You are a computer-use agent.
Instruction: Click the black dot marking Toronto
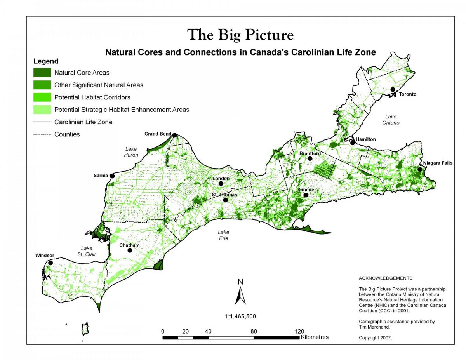(x=393, y=90)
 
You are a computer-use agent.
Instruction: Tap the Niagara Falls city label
(x=438, y=163)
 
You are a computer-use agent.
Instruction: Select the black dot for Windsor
(x=50, y=263)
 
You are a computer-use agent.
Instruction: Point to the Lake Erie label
(x=223, y=235)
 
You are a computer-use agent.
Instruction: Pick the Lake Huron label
(x=131, y=152)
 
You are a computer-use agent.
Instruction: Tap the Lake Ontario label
(x=392, y=120)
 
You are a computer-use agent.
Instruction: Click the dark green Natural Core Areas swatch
(x=42, y=73)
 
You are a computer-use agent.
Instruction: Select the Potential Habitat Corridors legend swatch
(x=42, y=97)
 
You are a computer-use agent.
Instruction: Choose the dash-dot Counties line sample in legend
(x=42, y=134)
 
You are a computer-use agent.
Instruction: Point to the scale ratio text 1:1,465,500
(x=240, y=316)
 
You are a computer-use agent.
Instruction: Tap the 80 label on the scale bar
(x=254, y=331)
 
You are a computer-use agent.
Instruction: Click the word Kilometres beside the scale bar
(x=315, y=337)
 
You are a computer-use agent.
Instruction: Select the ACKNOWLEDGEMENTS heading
(x=385, y=278)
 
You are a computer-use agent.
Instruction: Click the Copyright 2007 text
(x=376, y=338)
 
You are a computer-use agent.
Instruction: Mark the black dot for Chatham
(x=130, y=250)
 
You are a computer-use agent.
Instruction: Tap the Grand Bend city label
(x=158, y=134)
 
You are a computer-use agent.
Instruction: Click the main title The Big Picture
(x=240, y=35)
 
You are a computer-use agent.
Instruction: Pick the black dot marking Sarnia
(x=112, y=176)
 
